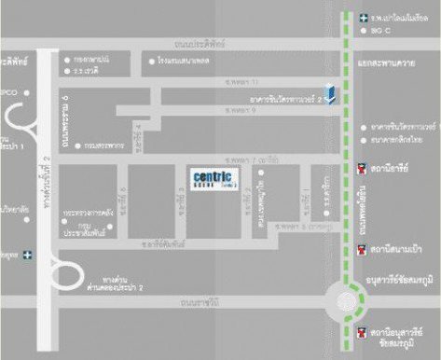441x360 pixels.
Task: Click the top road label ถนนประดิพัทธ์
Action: [200, 43]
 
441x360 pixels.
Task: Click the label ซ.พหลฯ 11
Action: [240, 82]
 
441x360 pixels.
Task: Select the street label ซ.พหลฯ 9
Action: [240, 109]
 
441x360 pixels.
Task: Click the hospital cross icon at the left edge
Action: [29, 253]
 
